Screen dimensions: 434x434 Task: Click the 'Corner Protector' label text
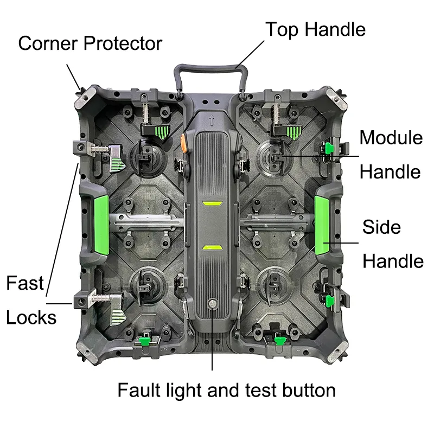tap(90, 43)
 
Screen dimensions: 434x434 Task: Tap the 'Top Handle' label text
tap(315, 29)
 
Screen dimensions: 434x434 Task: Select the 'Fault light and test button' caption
tap(226, 390)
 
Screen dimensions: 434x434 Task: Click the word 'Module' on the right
tap(391, 138)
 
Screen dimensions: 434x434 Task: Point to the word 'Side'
tap(381, 226)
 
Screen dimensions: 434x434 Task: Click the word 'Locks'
tap(31, 317)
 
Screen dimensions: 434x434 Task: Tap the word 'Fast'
tap(25, 283)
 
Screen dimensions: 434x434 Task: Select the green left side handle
tap(101, 226)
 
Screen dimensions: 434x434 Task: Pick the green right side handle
tap(324, 226)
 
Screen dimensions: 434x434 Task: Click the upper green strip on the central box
tap(213, 205)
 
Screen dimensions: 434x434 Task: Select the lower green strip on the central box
tap(213, 247)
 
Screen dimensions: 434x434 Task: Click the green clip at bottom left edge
tap(144, 341)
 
